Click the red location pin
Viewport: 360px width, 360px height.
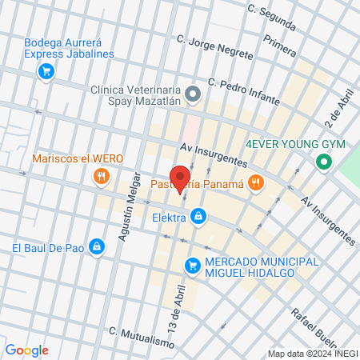click(x=180, y=178)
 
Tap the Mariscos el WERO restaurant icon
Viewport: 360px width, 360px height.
click(x=101, y=176)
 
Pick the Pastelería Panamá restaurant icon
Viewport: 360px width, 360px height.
click(x=255, y=184)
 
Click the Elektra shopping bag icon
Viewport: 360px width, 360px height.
click(x=198, y=216)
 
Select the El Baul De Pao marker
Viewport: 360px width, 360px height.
click(x=97, y=247)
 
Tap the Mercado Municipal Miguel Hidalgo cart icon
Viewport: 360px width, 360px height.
click(x=192, y=264)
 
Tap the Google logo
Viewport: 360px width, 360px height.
click(x=26, y=350)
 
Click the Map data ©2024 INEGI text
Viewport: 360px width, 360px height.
click(x=312, y=354)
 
